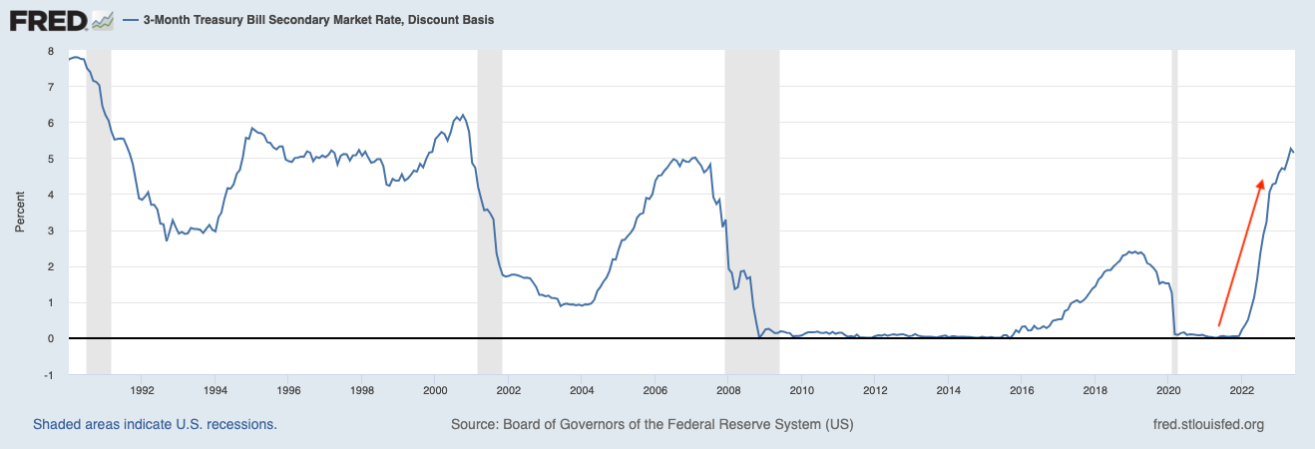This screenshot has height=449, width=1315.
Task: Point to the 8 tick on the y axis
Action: [x=50, y=51]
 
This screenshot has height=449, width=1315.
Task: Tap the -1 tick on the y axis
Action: [x=48, y=374]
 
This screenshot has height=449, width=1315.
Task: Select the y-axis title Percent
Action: [x=20, y=213]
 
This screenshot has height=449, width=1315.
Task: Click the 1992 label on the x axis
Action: [x=142, y=390]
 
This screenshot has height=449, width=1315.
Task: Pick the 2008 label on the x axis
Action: [x=728, y=390]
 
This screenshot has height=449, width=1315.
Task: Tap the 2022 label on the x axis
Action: [x=1242, y=390]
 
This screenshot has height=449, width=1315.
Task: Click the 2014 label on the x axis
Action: [x=949, y=390]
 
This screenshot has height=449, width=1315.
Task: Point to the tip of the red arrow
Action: [x=1262, y=180]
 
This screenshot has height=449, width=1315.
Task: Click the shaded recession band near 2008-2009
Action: [x=751, y=200]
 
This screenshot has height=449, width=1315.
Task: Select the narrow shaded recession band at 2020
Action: [x=1174, y=200]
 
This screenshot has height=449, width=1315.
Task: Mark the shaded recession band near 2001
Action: [x=489, y=200]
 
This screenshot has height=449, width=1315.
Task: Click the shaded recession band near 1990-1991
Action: [x=99, y=200]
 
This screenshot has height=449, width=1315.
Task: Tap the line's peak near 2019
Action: [x=1128, y=251]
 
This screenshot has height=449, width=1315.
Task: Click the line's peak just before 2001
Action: [x=462, y=115]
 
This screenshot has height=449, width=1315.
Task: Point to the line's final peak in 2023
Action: [x=1290, y=148]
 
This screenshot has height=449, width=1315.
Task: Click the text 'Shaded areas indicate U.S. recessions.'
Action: [x=155, y=424]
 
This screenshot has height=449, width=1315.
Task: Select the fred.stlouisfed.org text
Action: [x=1207, y=424]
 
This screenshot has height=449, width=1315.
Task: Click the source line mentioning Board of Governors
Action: [x=652, y=424]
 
